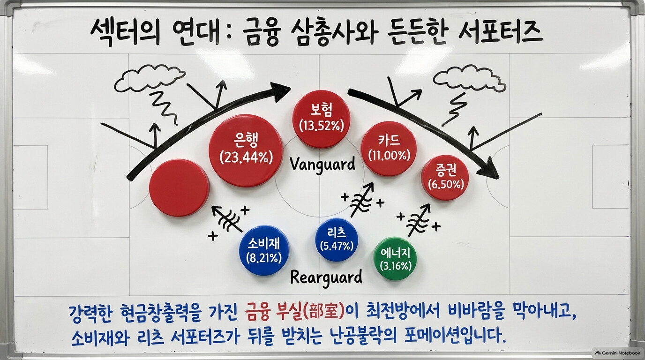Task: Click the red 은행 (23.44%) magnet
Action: coord(246,150)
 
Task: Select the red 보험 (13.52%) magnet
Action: coord(322,119)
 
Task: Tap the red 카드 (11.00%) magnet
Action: coord(389,149)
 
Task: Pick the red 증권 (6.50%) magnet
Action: coord(445,178)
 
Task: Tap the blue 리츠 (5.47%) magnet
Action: coord(337,240)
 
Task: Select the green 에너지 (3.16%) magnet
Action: coord(395,259)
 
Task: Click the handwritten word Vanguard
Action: coord(322,165)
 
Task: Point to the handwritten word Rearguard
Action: coord(326,278)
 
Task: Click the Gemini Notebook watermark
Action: coord(617,353)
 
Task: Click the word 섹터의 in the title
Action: coord(125,32)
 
